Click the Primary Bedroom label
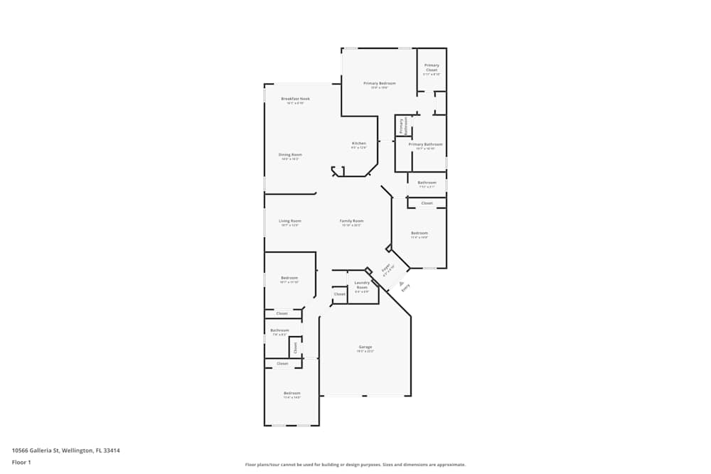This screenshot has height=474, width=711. tap(379, 83)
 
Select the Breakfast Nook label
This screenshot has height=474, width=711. tap(295, 99)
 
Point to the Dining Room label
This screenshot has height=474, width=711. tap(290, 154)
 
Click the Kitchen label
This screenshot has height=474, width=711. tap(359, 144)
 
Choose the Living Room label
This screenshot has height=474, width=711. tap(289, 221)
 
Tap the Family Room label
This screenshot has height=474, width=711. tap(351, 221)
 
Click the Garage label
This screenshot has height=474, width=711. tap(365, 347)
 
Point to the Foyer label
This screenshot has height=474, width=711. tap(387, 269)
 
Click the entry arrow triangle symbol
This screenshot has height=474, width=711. tap(392, 282)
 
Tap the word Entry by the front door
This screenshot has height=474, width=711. tap(405, 288)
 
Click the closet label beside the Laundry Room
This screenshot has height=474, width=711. tap(339, 294)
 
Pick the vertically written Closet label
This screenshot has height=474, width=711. tap(295, 347)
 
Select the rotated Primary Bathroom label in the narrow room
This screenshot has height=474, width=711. tap(401, 126)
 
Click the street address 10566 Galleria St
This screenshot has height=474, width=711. tap(65, 450)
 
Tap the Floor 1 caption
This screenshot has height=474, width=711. tap(21, 462)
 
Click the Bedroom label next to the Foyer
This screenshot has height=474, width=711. tap(419, 233)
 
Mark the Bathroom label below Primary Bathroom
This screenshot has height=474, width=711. tap(427, 183)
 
